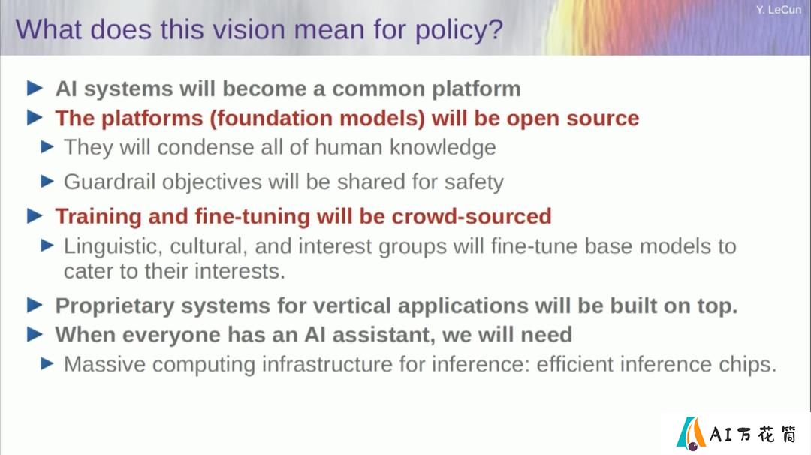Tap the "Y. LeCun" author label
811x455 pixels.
(x=779, y=9)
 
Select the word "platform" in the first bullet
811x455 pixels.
(x=476, y=89)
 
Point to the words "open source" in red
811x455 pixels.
(x=572, y=119)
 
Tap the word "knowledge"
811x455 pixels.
(x=443, y=148)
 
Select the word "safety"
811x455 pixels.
(x=474, y=182)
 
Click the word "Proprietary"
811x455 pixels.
(x=115, y=306)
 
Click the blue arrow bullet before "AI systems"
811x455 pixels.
(x=35, y=89)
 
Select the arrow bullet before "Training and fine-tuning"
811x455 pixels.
(x=35, y=215)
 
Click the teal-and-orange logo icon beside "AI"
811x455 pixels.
(x=691, y=433)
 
